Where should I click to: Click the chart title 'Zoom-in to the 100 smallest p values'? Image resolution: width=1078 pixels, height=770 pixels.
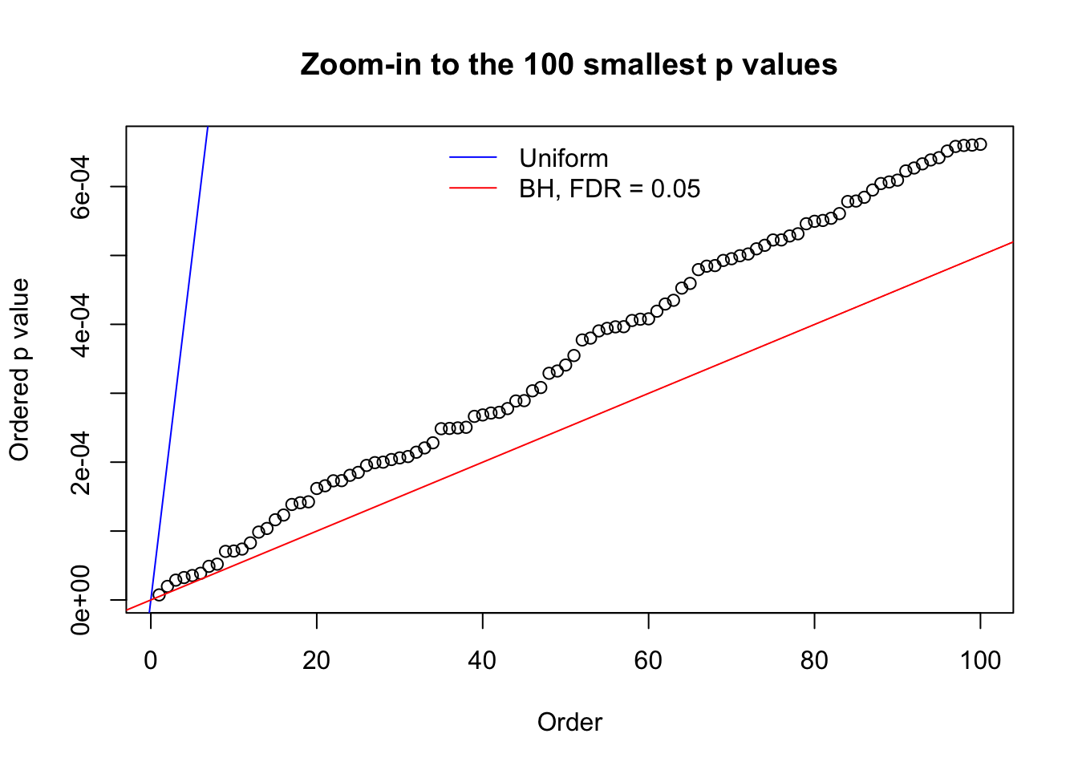pyautogui.click(x=569, y=65)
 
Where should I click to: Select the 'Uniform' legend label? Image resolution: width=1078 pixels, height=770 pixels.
pyautogui.click(x=563, y=158)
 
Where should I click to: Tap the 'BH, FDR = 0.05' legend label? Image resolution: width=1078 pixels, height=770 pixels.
pyautogui.click(x=610, y=189)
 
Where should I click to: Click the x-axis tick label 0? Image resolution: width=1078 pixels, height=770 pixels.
pyautogui.click(x=151, y=660)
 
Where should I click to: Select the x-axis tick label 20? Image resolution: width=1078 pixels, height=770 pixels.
pyautogui.click(x=317, y=660)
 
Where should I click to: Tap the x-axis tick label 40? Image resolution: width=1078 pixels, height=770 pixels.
pyautogui.click(x=483, y=660)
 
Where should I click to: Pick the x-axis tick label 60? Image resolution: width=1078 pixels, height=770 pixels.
pyautogui.click(x=648, y=660)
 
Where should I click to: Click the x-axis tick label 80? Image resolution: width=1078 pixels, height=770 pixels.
pyautogui.click(x=814, y=660)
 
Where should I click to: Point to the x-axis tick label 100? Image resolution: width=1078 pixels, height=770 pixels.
pyautogui.click(x=980, y=660)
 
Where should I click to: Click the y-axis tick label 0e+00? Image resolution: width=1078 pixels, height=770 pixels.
pyautogui.click(x=81, y=600)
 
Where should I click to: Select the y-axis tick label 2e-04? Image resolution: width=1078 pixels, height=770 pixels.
pyautogui.click(x=81, y=462)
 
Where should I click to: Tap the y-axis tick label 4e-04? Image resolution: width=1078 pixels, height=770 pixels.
pyautogui.click(x=81, y=324)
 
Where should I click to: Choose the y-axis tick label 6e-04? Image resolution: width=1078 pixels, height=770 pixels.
pyautogui.click(x=81, y=186)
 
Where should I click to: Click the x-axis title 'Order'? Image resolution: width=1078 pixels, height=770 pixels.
pyautogui.click(x=569, y=723)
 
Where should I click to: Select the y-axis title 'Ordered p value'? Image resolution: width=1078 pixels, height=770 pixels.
pyautogui.click(x=19, y=370)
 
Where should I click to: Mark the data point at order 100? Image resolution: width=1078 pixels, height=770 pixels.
pyautogui.click(x=980, y=144)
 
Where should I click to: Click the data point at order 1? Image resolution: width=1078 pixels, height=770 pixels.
pyautogui.click(x=159, y=594)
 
